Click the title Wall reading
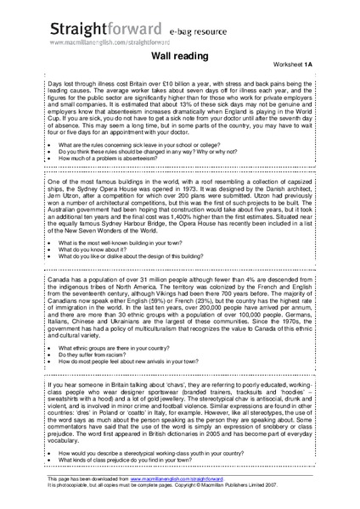(179, 54)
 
